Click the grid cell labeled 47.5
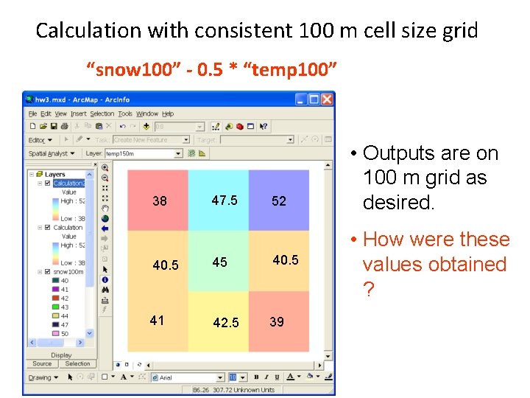218,200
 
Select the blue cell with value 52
279,200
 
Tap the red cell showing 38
158,200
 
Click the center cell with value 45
218,262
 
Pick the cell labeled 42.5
218,321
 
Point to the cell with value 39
279,321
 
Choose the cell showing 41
158,321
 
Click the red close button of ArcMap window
328,99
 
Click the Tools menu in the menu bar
125,114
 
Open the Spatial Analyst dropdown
51,153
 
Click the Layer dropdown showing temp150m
143,153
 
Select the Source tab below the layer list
43,363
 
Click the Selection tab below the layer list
77,363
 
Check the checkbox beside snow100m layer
48,272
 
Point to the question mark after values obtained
368,290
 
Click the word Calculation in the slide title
88,31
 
